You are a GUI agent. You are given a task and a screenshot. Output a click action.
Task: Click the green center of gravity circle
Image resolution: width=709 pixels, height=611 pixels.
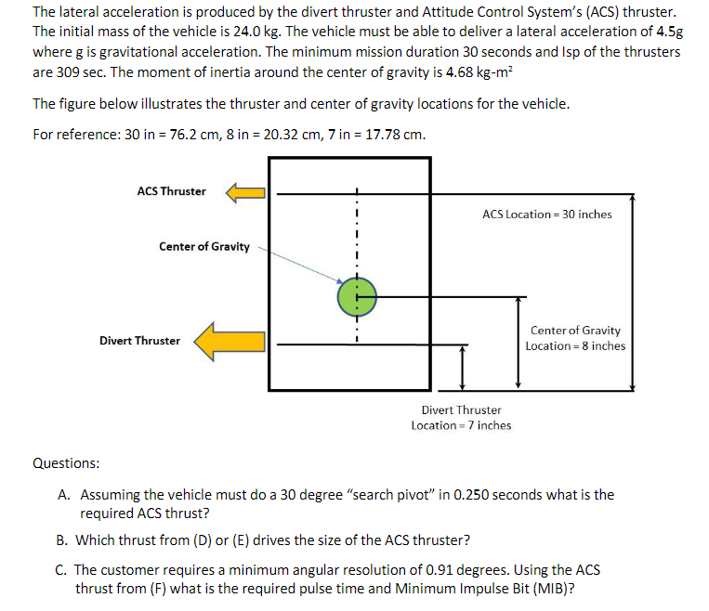point(356,296)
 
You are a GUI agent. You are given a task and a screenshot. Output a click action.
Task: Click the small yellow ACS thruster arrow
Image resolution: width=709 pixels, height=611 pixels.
point(246,192)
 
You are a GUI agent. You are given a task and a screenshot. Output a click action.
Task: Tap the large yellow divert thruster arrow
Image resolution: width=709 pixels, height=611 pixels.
point(230,341)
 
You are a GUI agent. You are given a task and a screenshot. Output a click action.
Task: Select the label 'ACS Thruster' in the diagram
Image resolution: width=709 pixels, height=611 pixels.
point(171,191)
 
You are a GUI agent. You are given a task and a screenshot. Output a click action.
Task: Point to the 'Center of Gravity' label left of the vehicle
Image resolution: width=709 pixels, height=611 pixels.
point(204,246)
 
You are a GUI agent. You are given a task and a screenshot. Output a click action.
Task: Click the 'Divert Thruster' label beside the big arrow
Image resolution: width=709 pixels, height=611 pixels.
point(140,341)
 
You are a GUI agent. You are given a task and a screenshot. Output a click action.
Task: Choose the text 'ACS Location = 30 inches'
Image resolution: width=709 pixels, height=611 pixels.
point(547,214)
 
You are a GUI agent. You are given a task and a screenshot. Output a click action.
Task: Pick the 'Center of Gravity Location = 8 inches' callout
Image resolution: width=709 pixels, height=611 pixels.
point(575,338)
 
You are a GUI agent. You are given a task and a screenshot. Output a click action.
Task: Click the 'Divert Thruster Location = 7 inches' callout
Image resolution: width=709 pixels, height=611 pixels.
point(461,417)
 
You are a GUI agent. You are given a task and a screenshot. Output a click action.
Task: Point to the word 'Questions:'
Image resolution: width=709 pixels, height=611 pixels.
point(66,463)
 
